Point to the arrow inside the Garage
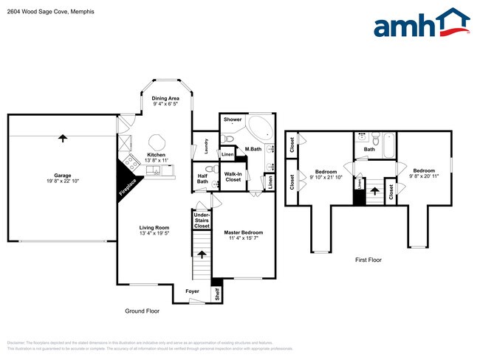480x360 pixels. click(62, 137)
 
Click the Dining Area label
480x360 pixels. click(165, 98)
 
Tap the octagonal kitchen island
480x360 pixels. click(157, 141)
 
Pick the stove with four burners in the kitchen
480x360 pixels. click(129, 161)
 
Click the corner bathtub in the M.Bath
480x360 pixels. click(259, 129)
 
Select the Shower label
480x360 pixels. click(233, 119)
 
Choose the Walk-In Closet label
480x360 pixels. click(233, 177)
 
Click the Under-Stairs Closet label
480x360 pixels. click(202, 220)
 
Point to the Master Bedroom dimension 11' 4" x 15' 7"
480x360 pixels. click(243, 238)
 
